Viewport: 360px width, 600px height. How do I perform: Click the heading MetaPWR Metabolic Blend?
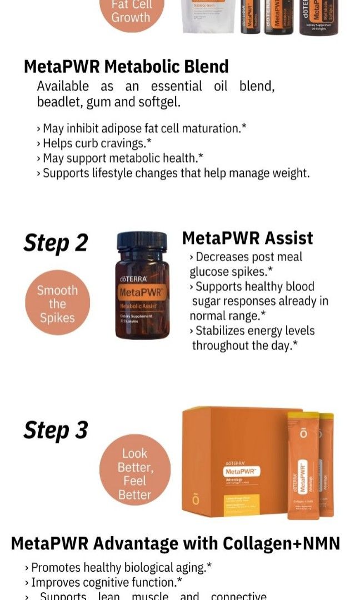126,67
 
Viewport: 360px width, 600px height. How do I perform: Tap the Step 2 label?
56,243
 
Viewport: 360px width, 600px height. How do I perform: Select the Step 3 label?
56,430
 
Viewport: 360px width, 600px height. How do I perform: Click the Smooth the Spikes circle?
57,304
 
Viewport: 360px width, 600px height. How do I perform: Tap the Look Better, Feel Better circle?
134,474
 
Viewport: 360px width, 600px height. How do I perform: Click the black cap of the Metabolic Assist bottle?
142,241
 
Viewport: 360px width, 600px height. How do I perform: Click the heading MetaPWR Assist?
247,238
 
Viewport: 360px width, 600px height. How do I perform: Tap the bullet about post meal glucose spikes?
246,264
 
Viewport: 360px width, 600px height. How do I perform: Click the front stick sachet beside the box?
303,467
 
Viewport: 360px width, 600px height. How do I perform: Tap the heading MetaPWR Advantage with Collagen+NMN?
175,543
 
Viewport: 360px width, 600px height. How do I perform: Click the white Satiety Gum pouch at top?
208,17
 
